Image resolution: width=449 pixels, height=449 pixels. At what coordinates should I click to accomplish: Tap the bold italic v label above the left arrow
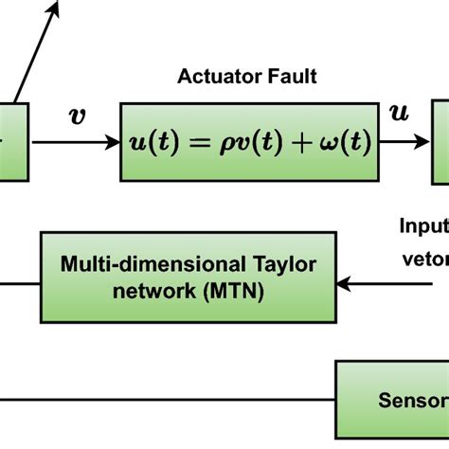pos(77,117)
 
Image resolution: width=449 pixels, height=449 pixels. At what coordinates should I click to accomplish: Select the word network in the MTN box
pos(159,267)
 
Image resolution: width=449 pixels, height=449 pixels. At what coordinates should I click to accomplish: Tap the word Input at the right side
pos(422,225)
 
